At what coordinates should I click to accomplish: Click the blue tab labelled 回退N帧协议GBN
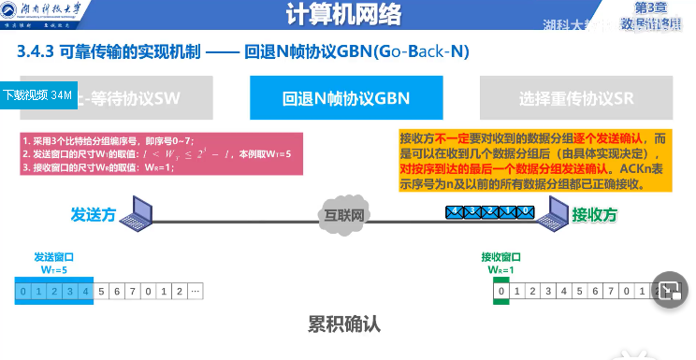coord(346,98)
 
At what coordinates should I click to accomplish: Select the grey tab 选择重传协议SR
coord(576,98)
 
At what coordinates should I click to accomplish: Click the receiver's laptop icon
coord(549,212)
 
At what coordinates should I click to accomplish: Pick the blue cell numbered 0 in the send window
coord(24,292)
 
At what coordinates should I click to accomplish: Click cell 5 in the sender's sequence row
coord(101,292)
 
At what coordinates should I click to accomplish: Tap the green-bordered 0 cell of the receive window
coord(502,292)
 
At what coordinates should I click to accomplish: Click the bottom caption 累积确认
coord(346,324)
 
